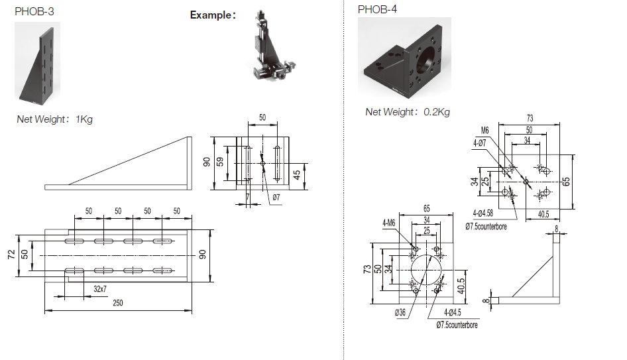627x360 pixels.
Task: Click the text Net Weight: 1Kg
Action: tap(54, 119)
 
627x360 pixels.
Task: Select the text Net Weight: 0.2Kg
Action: tap(407, 112)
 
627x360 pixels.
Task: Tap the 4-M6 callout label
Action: tap(389, 223)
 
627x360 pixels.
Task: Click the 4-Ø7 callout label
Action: tap(481, 142)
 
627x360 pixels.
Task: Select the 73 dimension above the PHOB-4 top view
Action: tap(530, 119)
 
